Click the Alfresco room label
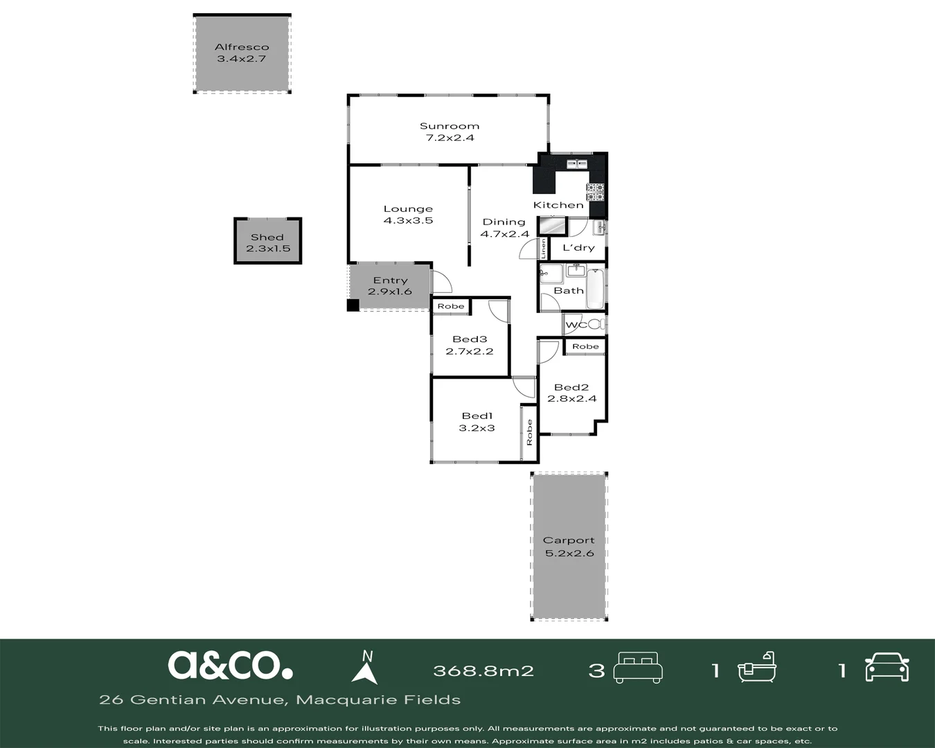click(242, 47)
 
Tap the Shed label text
click(267, 238)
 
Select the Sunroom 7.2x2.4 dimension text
click(449, 138)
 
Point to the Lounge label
click(408, 208)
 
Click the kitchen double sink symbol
click(577, 164)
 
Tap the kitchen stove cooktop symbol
click(595, 192)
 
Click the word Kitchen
click(558, 205)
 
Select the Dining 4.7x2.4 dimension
click(504, 234)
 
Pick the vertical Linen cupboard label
click(544, 249)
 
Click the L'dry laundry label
click(578, 248)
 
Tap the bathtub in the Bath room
click(595, 289)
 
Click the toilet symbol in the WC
click(597, 324)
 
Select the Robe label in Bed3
click(451, 306)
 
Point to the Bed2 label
click(571, 387)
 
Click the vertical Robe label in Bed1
click(529, 432)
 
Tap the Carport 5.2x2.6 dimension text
click(569, 553)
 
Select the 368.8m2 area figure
click(483, 670)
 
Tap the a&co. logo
click(230, 665)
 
